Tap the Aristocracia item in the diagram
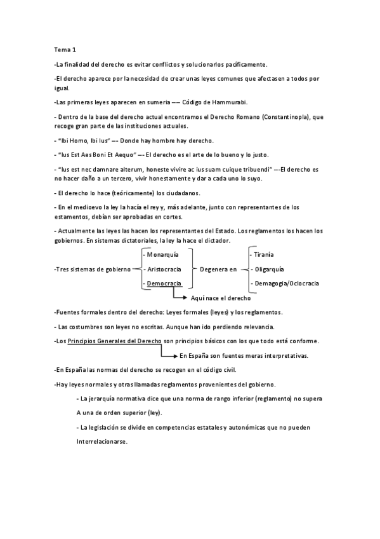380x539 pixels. pos(164,269)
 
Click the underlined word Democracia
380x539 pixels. pos(164,283)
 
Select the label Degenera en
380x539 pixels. pos(217,269)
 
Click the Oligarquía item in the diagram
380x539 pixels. pos(270,269)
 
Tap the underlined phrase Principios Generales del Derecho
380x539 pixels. pos(114,341)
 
